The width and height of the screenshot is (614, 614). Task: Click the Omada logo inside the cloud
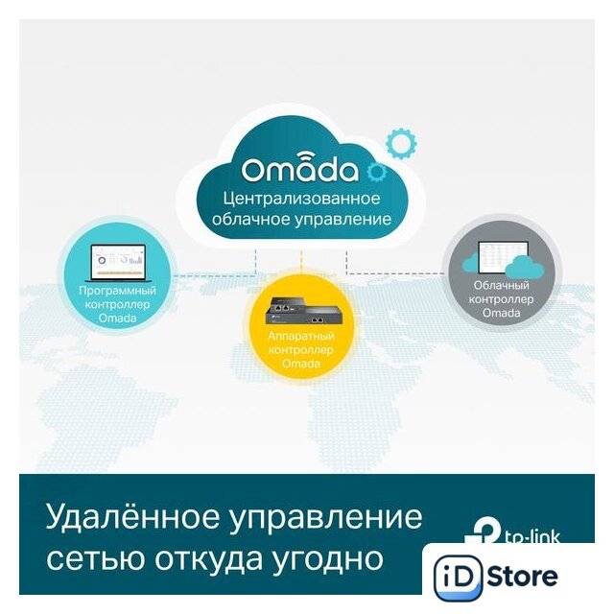(x=300, y=169)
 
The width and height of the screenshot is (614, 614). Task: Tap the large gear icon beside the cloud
(x=401, y=143)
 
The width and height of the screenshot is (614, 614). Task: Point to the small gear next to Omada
(x=377, y=172)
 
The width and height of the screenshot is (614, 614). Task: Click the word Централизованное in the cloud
(x=301, y=198)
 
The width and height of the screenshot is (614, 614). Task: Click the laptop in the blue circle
(x=117, y=263)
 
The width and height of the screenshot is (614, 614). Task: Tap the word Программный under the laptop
(x=117, y=291)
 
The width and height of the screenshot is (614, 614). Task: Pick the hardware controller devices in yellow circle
(x=300, y=311)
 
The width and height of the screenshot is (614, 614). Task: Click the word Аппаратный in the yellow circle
(x=301, y=336)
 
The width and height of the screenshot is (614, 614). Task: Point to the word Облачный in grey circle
(x=501, y=285)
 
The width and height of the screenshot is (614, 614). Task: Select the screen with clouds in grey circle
(x=503, y=259)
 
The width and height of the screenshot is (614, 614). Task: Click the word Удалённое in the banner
(x=132, y=516)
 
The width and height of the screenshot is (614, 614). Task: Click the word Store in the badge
(x=523, y=576)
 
